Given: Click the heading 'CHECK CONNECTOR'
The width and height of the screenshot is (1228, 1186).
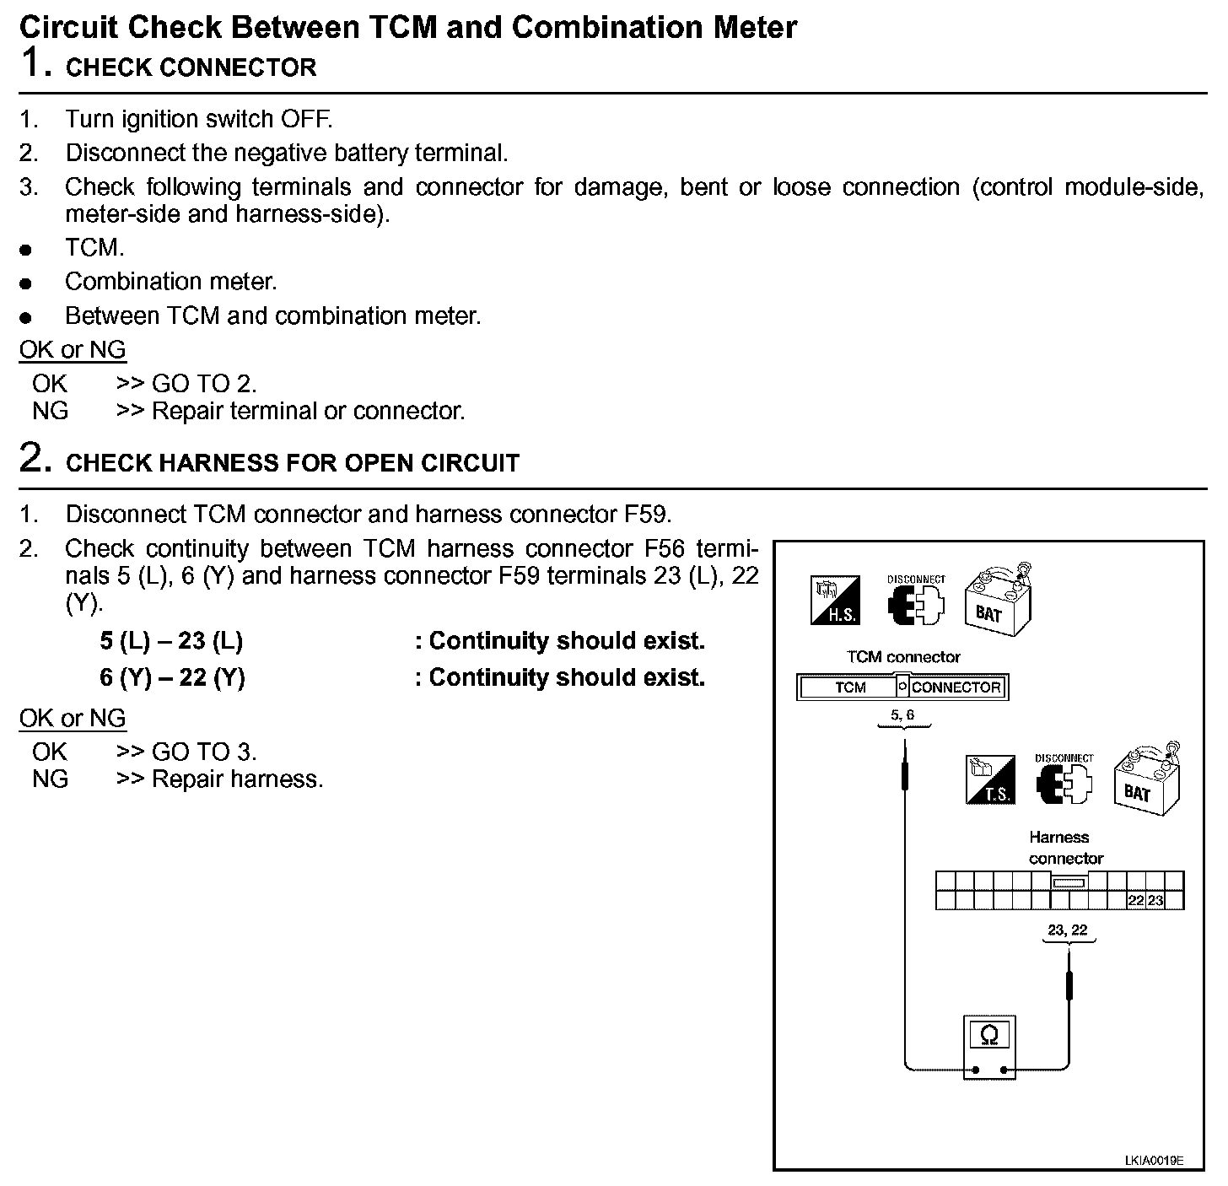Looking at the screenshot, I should pos(191,67).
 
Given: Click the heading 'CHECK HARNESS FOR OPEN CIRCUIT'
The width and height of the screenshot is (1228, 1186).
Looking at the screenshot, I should pos(292,463).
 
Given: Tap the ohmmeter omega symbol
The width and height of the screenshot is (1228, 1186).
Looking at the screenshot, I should pos(989,1035).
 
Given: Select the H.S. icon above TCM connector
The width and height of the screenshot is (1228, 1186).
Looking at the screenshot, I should pos(834,601).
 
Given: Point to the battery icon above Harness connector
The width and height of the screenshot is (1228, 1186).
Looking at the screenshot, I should pos(1147,778).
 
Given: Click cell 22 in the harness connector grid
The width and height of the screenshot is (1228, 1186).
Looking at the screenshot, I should pos(1136,901).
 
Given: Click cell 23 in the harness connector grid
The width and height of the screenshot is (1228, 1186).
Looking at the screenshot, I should pos(1155,901).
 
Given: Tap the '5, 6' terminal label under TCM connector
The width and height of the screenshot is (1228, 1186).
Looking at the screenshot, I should pos(902,715).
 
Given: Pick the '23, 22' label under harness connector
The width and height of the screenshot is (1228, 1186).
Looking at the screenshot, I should pos(1067,930).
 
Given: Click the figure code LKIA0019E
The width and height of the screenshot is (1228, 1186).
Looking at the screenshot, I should pos(1153,1161).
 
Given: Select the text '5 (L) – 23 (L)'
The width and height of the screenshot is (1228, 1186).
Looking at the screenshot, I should pos(171,641).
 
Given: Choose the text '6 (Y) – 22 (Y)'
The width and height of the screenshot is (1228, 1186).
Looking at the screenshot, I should pos(172,677).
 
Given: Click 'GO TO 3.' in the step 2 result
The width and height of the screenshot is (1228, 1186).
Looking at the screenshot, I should pos(204,752).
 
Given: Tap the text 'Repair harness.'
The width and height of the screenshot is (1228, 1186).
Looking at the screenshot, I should pos(237,779).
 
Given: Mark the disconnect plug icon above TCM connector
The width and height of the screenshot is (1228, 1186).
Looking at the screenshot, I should pos(915,601).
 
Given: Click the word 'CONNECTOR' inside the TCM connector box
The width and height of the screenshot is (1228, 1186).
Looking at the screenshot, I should pos(956,687).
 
